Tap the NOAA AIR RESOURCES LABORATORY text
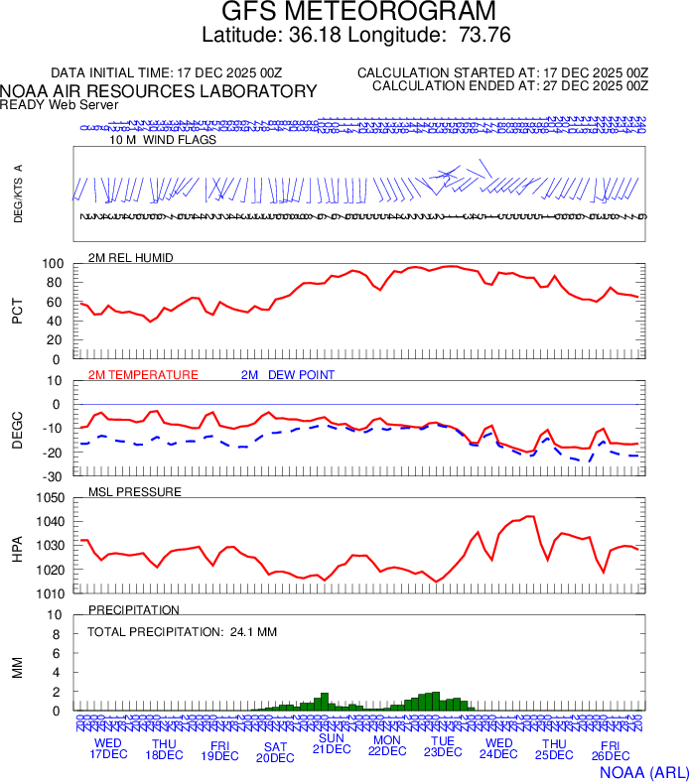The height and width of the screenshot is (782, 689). pyautogui.click(x=159, y=91)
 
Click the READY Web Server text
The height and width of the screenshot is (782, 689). pyautogui.click(x=60, y=105)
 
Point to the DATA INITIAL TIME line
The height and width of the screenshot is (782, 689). pyautogui.click(x=167, y=73)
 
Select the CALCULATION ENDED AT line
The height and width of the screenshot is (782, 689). pyautogui.click(x=509, y=86)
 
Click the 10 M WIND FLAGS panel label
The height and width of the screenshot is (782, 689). pyautogui.click(x=163, y=140)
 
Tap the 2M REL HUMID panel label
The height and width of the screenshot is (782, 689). pyautogui.click(x=130, y=258)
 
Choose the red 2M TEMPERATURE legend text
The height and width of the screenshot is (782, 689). pyautogui.click(x=143, y=375)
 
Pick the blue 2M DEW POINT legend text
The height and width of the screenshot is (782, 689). pyautogui.click(x=288, y=375)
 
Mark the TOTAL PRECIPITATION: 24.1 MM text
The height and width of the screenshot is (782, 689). pyautogui.click(x=181, y=631)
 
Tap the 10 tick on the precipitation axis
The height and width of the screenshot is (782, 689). pyautogui.click(x=56, y=615)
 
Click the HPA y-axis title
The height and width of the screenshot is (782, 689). pyautogui.click(x=17, y=546)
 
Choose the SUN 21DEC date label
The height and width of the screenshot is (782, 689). pyautogui.click(x=332, y=743)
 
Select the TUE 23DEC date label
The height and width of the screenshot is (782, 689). pyautogui.click(x=443, y=745)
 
